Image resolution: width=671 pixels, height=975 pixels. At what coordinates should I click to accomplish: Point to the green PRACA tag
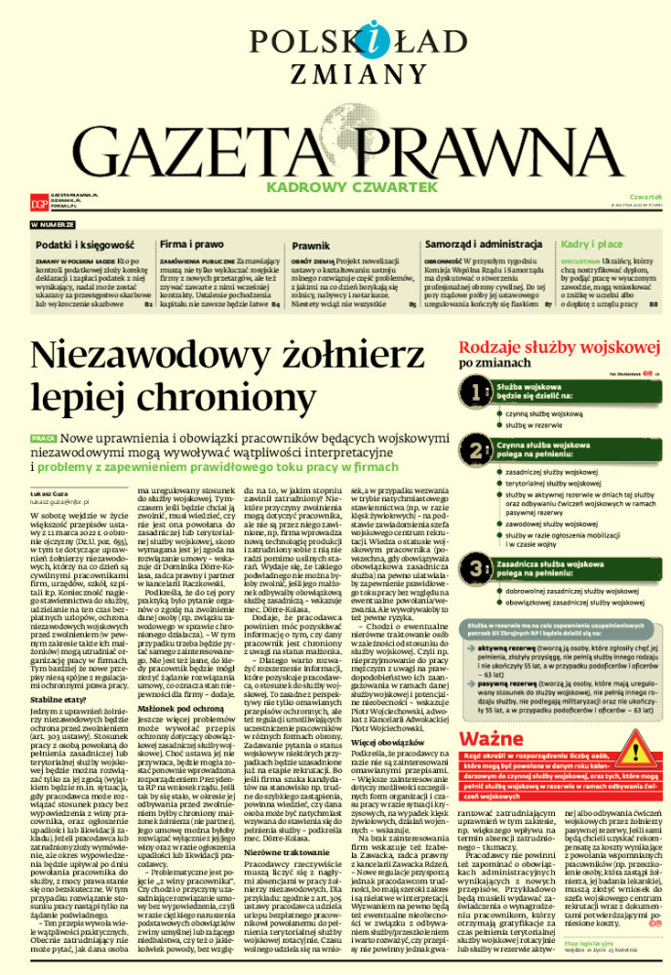coord(43,439)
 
